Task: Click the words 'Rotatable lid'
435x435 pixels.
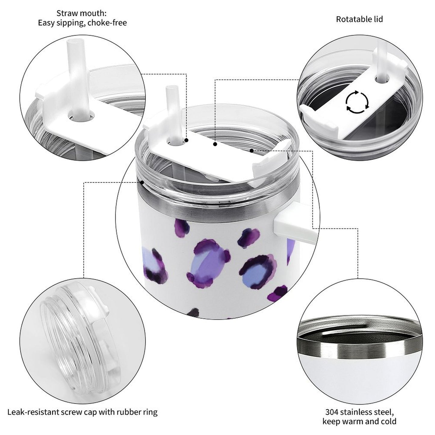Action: pyautogui.click(x=359, y=19)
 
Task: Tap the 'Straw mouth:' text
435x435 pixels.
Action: pyautogui.click(x=81, y=13)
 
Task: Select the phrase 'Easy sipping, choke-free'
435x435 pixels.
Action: pyautogui.click(x=82, y=23)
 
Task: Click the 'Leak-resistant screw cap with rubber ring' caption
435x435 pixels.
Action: pyautogui.click(x=82, y=412)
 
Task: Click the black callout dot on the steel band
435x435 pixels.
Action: pyautogui.click(x=141, y=182)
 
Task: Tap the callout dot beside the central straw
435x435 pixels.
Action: pyautogui.click(x=186, y=140)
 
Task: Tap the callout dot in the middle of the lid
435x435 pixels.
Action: pyautogui.click(x=215, y=144)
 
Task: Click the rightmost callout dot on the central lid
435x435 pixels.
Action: pyautogui.click(x=251, y=150)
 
